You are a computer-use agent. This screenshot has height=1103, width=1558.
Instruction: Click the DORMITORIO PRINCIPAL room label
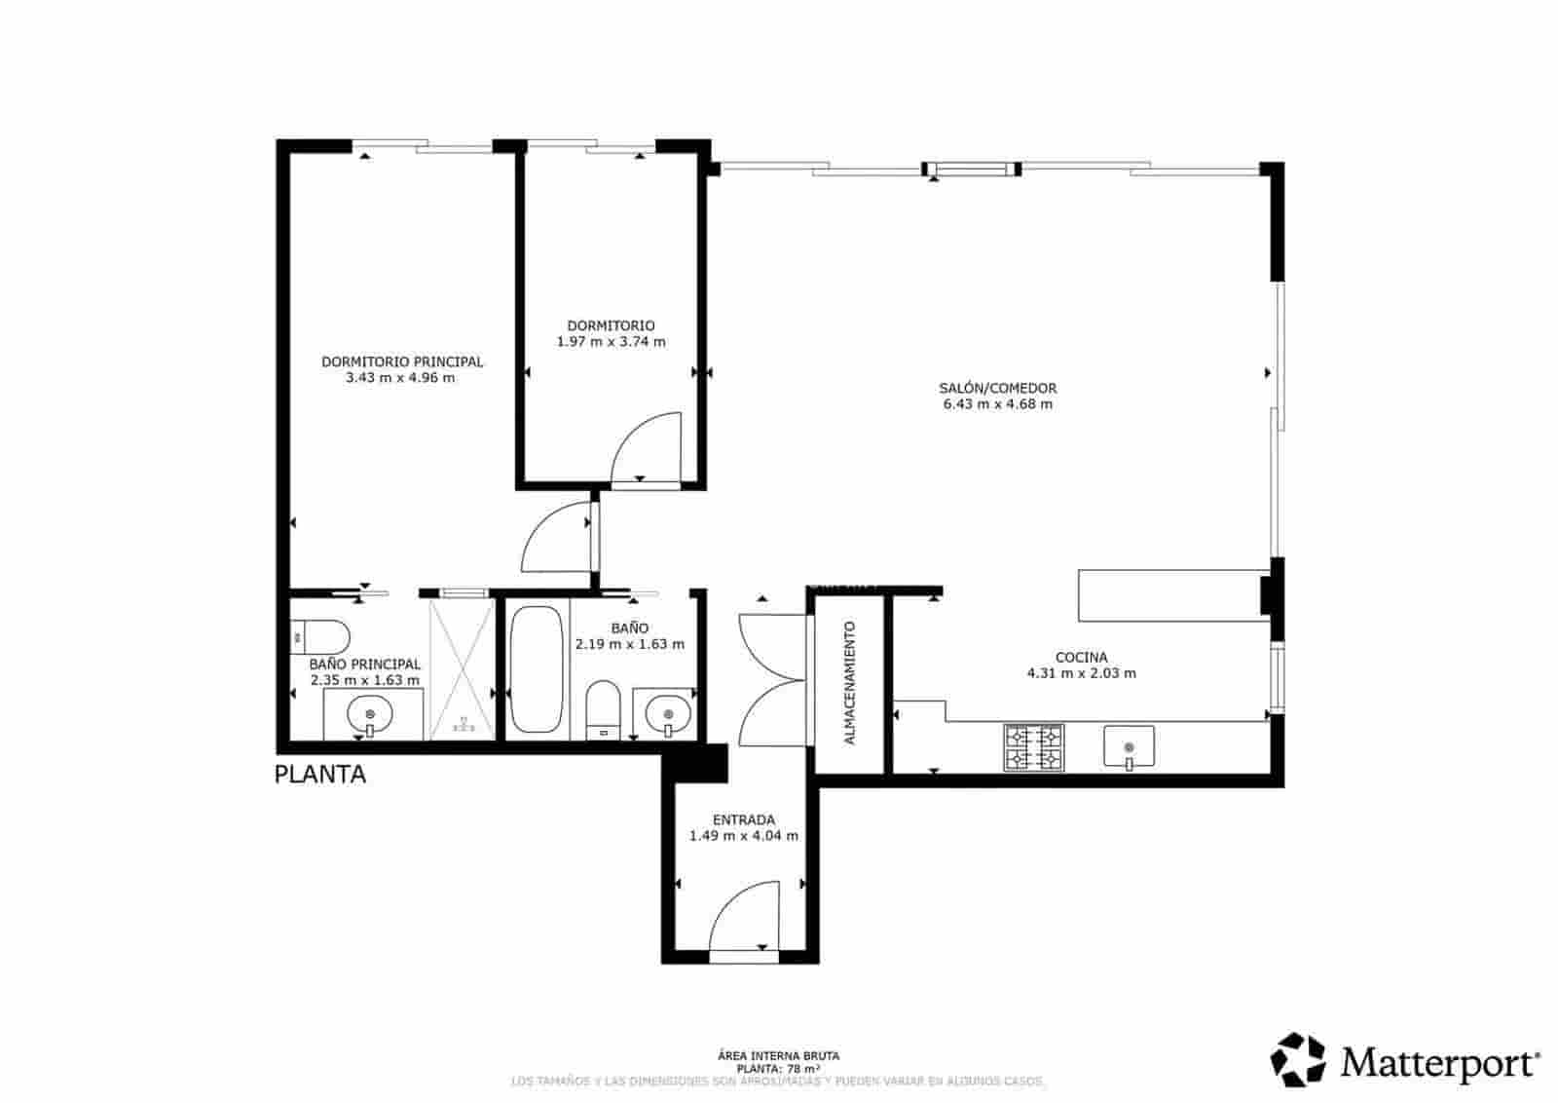[402, 361]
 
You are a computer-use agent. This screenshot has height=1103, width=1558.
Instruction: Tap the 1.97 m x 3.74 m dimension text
[611, 342]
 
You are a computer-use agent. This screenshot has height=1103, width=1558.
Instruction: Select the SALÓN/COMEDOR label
[997, 388]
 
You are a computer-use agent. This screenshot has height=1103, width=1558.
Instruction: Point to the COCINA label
[1081, 658]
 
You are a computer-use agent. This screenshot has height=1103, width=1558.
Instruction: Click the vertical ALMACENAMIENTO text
[849, 682]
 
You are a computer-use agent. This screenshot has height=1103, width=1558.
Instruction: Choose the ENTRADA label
[743, 819]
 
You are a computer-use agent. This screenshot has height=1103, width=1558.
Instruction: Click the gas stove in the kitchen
[1034, 747]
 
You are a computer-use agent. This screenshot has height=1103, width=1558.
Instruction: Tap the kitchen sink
[1129, 746]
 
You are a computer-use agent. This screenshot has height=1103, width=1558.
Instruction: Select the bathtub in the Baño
[536, 669]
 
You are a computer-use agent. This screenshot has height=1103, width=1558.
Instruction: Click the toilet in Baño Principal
[320, 637]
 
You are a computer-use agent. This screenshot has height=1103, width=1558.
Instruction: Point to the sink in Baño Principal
[370, 716]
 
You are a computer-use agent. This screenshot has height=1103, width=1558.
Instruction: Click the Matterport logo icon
[1298, 1059]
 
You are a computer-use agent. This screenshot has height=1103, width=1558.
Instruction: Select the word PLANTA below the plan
[320, 775]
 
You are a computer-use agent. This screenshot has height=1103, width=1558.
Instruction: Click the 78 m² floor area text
[778, 1068]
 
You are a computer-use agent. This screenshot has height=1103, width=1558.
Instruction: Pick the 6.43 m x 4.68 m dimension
[997, 403]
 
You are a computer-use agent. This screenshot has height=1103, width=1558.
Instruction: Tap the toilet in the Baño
[604, 708]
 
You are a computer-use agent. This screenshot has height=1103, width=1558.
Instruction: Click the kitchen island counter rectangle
[1168, 595]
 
